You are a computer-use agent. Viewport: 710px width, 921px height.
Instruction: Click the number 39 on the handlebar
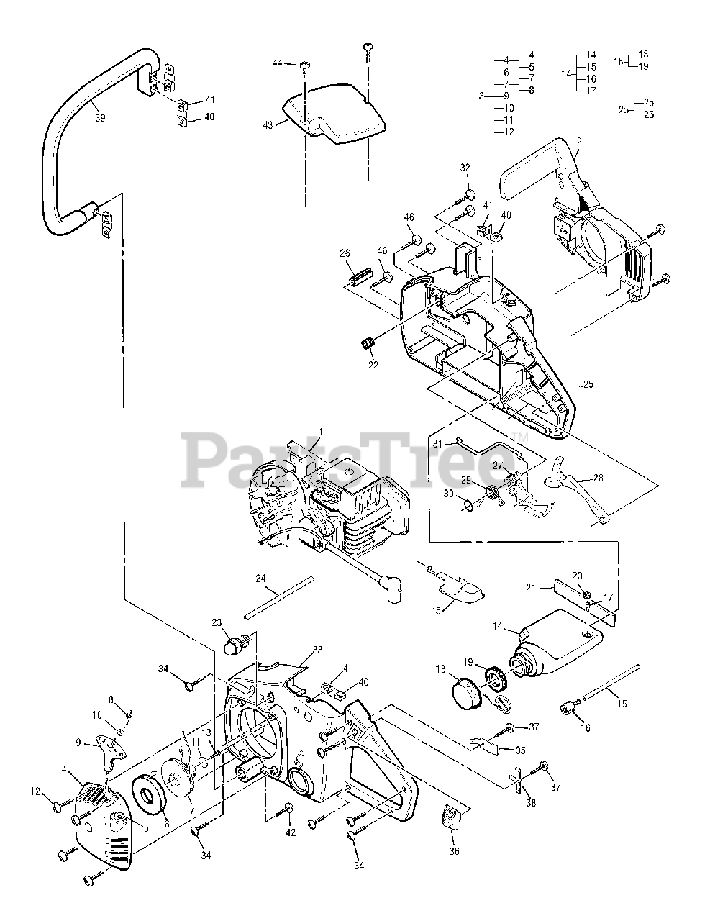pyautogui.click(x=100, y=117)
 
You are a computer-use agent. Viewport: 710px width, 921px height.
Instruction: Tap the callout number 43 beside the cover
pyautogui.click(x=268, y=124)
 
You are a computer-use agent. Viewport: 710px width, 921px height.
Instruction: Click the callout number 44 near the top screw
pyautogui.click(x=278, y=64)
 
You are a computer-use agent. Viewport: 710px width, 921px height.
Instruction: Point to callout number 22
pyautogui.click(x=373, y=365)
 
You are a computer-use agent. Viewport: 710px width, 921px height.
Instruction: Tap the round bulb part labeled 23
pyautogui.click(x=235, y=643)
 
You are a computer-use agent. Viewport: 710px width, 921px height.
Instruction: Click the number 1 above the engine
pyautogui.click(x=320, y=432)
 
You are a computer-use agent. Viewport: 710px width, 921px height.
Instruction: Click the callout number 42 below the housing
pyautogui.click(x=289, y=832)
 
